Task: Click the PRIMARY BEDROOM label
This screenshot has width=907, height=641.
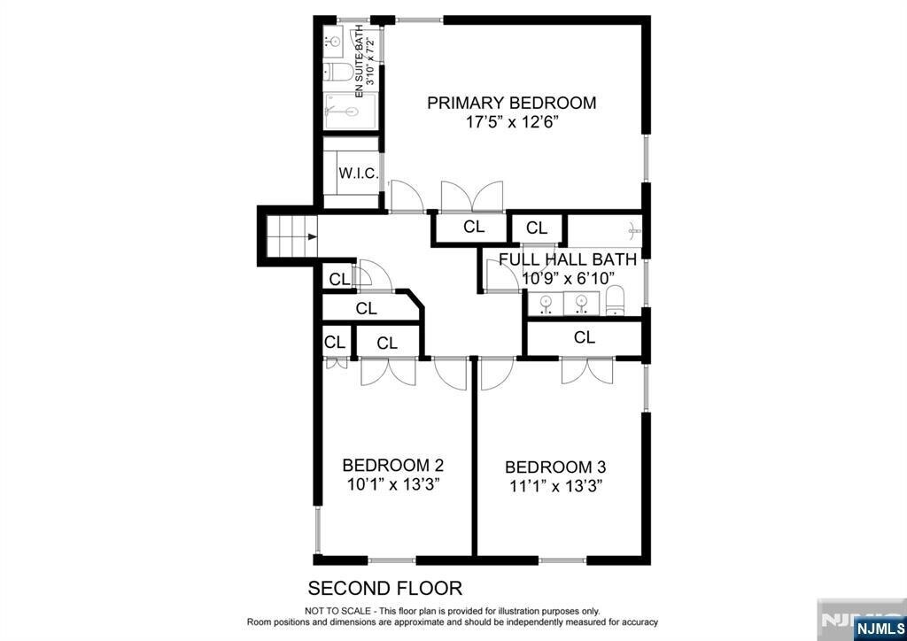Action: click(511, 103)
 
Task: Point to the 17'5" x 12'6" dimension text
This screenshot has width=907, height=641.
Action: click(512, 122)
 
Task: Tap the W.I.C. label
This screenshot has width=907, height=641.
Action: click(358, 174)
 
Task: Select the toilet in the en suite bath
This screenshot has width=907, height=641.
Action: click(338, 73)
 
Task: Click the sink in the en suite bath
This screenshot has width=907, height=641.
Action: click(334, 41)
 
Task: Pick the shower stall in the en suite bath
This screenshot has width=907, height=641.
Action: click(350, 112)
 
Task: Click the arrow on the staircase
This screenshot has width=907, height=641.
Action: click(313, 236)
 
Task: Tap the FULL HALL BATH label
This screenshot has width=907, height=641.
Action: click(568, 259)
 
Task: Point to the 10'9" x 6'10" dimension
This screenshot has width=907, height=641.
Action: click(567, 279)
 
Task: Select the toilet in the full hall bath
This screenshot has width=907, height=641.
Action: click(616, 300)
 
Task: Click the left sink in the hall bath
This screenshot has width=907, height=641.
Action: click(545, 302)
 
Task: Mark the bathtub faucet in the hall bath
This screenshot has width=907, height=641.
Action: click(634, 231)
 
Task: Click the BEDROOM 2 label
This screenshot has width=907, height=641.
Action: click(393, 466)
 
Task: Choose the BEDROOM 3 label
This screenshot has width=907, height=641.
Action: click(555, 467)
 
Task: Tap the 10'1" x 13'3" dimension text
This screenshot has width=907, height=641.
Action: click(394, 484)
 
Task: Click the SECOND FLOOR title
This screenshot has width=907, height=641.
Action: click(384, 589)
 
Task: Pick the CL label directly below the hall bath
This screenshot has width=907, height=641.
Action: click(585, 337)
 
